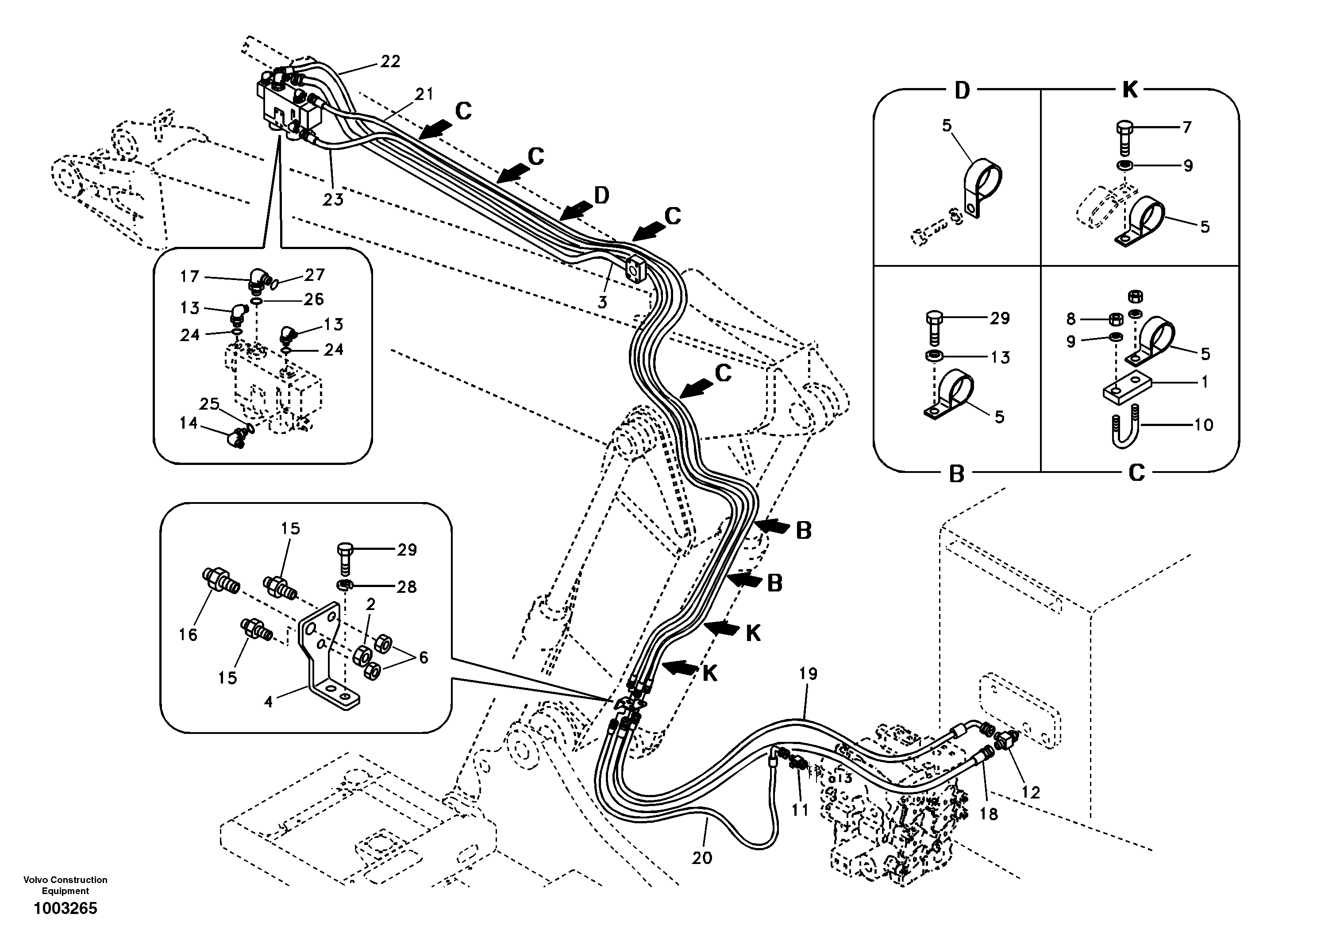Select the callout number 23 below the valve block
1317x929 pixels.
pyautogui.click(x=333, y=200)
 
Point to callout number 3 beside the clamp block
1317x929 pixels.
pyautogui.click(x=602, y=302)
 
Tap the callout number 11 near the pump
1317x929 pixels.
pyautogui.click(x=800, y=810)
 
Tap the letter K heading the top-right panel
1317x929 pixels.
pyautogui.click(x=1129, y=90)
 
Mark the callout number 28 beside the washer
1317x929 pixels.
pyautogui.click(x=406, y=587)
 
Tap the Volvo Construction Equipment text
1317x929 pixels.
pyautogui.click(x=65, y=885)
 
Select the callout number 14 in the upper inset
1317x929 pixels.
pyautogui.click(x=188, y=423)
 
